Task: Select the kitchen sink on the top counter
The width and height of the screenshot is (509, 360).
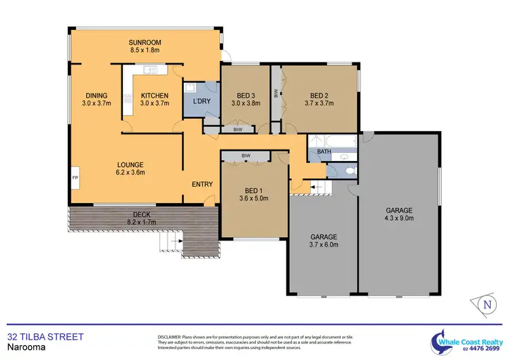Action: coord(149,69)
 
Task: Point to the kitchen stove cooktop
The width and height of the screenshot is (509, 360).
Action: coord(127,98)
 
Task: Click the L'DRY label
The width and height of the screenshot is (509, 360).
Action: coord(202,101)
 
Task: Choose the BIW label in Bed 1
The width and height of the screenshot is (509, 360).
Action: coord(246,156)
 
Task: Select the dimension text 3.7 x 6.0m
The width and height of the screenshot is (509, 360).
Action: coord(323,245)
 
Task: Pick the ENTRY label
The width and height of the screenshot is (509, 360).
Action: coord(202,184)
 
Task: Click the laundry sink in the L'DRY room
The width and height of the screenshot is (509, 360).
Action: coord(191,87)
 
